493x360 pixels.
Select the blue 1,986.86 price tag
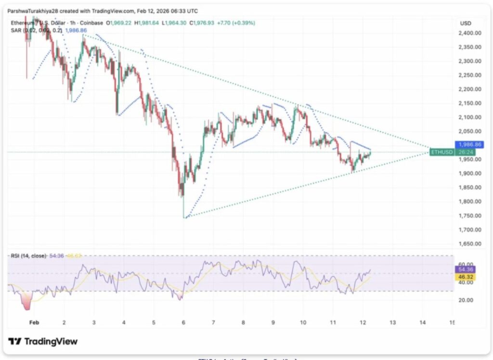click(x=467, y=144)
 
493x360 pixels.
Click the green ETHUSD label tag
click(x=442, y=152)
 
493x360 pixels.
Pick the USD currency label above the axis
click(x=466, y=23)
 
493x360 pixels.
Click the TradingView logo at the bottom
click(x=43, y=341)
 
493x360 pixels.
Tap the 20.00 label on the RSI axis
click(x=466, y=300)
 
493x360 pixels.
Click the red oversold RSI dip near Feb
click(x=26, y=302)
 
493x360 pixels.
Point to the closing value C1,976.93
click(x=204, y=23)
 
